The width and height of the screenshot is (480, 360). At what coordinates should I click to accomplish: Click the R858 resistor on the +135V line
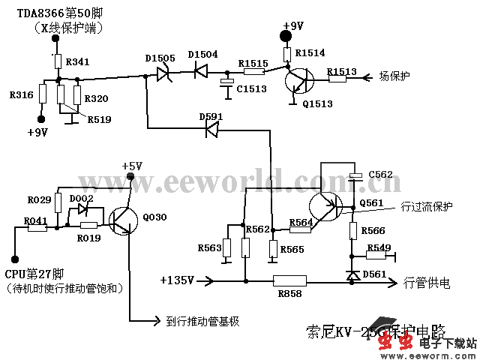289,282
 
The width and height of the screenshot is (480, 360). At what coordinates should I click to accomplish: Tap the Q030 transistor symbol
123,218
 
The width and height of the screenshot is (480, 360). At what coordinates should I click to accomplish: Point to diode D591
211,130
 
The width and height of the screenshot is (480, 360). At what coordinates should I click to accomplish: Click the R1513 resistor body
341,77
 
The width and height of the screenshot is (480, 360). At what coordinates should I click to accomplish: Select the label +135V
177,280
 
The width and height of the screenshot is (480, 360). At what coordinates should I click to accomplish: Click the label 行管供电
427,283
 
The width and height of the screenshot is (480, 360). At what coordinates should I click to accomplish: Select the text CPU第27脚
35,273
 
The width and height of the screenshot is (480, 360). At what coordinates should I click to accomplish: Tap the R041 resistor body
36,229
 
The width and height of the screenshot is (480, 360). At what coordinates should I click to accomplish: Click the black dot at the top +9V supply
285,37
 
